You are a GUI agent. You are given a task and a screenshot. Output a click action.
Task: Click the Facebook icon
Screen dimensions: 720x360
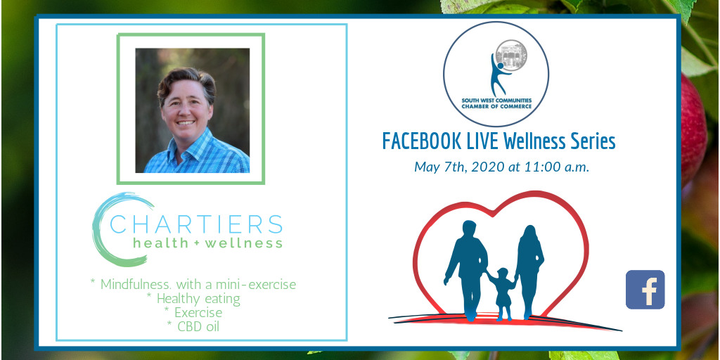click(645, 289)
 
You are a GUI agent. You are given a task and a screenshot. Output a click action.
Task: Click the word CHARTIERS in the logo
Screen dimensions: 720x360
click(196, 224)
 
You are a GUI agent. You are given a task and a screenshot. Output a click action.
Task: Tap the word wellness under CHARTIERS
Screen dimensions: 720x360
click(244, 243)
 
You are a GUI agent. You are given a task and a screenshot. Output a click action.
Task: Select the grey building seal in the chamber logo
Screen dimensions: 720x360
click(512, 55)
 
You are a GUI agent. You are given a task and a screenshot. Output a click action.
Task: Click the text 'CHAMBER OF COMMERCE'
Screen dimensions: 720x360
click(496, 107)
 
